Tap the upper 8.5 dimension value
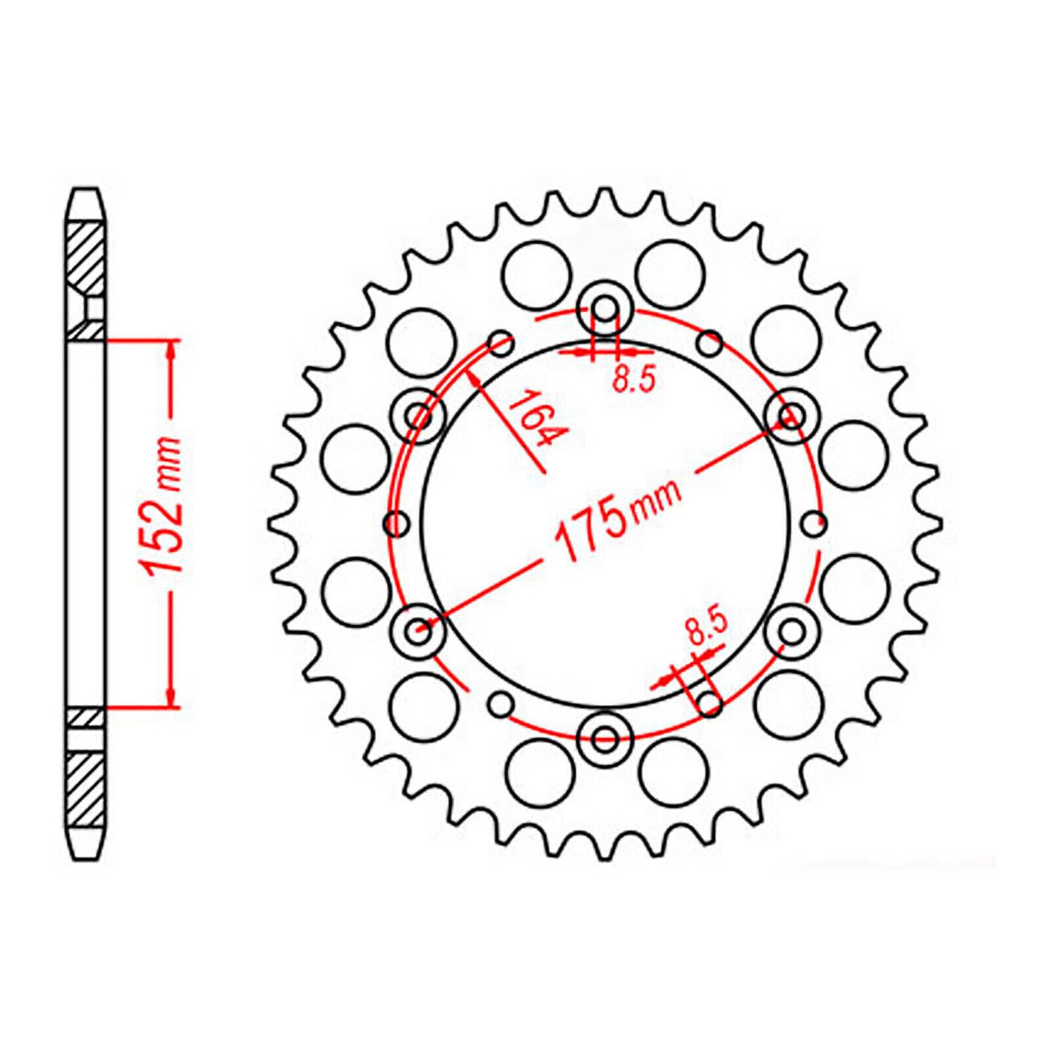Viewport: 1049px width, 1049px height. tap(634, 380)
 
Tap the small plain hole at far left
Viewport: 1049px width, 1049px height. tap(396, 523)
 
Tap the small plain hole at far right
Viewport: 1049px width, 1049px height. tap(814, 523)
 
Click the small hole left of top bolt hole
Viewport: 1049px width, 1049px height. tap(502, 343)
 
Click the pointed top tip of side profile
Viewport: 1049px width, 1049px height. tap(86, 191)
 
